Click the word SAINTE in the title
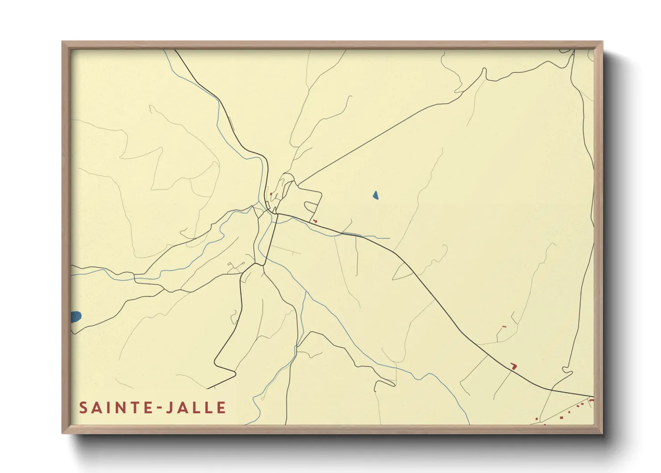click(114, 408)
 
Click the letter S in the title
click(83, 408)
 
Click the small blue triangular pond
click(376, 195)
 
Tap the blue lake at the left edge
click(76, 317)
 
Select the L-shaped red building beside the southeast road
click(514, 366)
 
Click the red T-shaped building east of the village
click(315, 221)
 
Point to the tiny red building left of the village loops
click(271, 194)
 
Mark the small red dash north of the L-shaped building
click(504, 327)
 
